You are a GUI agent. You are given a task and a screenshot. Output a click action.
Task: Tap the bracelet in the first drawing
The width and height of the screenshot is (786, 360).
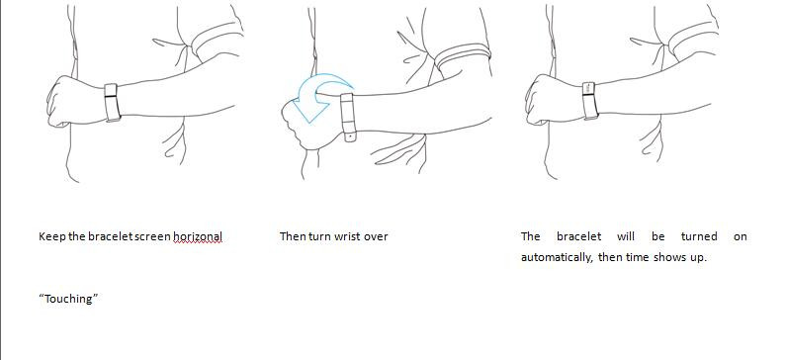(x=112, y=103)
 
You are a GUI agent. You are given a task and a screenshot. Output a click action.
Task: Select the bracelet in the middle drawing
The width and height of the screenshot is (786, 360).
(x=348, y=118)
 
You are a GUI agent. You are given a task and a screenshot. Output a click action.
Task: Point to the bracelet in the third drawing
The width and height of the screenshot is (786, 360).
(x=589, y=101)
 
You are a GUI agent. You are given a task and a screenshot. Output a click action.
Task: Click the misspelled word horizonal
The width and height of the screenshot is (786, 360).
(x=198, y=236)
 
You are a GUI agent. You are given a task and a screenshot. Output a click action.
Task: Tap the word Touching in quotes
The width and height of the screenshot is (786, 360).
(x=68, y=299)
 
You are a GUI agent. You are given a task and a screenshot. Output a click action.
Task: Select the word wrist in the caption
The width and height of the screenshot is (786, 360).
(x=348, y=236)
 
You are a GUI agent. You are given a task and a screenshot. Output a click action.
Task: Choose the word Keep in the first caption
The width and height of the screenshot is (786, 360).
(x=52, y=236)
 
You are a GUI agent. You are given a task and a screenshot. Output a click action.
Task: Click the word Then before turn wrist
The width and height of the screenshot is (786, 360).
(x=293, y=236)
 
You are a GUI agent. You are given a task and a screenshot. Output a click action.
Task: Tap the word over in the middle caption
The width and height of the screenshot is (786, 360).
(x=376, y=236)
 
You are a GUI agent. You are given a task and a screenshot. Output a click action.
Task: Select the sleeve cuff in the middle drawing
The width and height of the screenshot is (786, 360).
(x=463, y=56)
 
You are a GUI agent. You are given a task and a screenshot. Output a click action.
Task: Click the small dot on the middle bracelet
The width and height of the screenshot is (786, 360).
(x=350, y=135)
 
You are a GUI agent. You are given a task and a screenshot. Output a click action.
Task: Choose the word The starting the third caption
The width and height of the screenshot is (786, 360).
(x=530, y=236)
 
